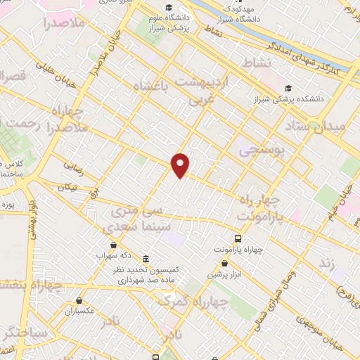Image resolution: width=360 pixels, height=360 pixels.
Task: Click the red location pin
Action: tap(181, 165)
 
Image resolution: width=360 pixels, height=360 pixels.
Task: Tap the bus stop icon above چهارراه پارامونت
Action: tap(238, 238)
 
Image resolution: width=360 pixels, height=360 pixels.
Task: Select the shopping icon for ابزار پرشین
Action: tap(224, 264)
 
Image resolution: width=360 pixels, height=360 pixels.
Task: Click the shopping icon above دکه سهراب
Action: tap(113, 244)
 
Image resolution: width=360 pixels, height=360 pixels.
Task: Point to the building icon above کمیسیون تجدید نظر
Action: tap(146, 258)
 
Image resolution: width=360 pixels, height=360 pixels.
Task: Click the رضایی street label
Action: tap(75, 169)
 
